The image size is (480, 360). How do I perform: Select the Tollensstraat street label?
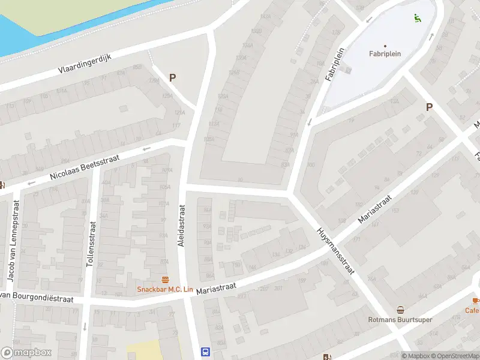92,244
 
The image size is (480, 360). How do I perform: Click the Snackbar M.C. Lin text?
165,289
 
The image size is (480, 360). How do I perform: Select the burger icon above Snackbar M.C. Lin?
165,280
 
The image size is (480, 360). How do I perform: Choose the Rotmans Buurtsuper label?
400,320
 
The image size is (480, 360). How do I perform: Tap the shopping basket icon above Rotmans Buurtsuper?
400,310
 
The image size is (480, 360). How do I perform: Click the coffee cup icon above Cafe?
476,300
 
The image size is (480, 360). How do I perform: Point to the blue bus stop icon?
205,352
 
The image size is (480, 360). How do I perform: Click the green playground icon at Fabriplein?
416,17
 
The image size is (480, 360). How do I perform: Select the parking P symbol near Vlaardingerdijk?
173,77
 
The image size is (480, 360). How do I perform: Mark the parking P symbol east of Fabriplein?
429,107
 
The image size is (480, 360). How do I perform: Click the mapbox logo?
26,353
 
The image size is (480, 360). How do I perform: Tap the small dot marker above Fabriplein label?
385,46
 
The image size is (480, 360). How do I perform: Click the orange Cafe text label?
472,310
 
